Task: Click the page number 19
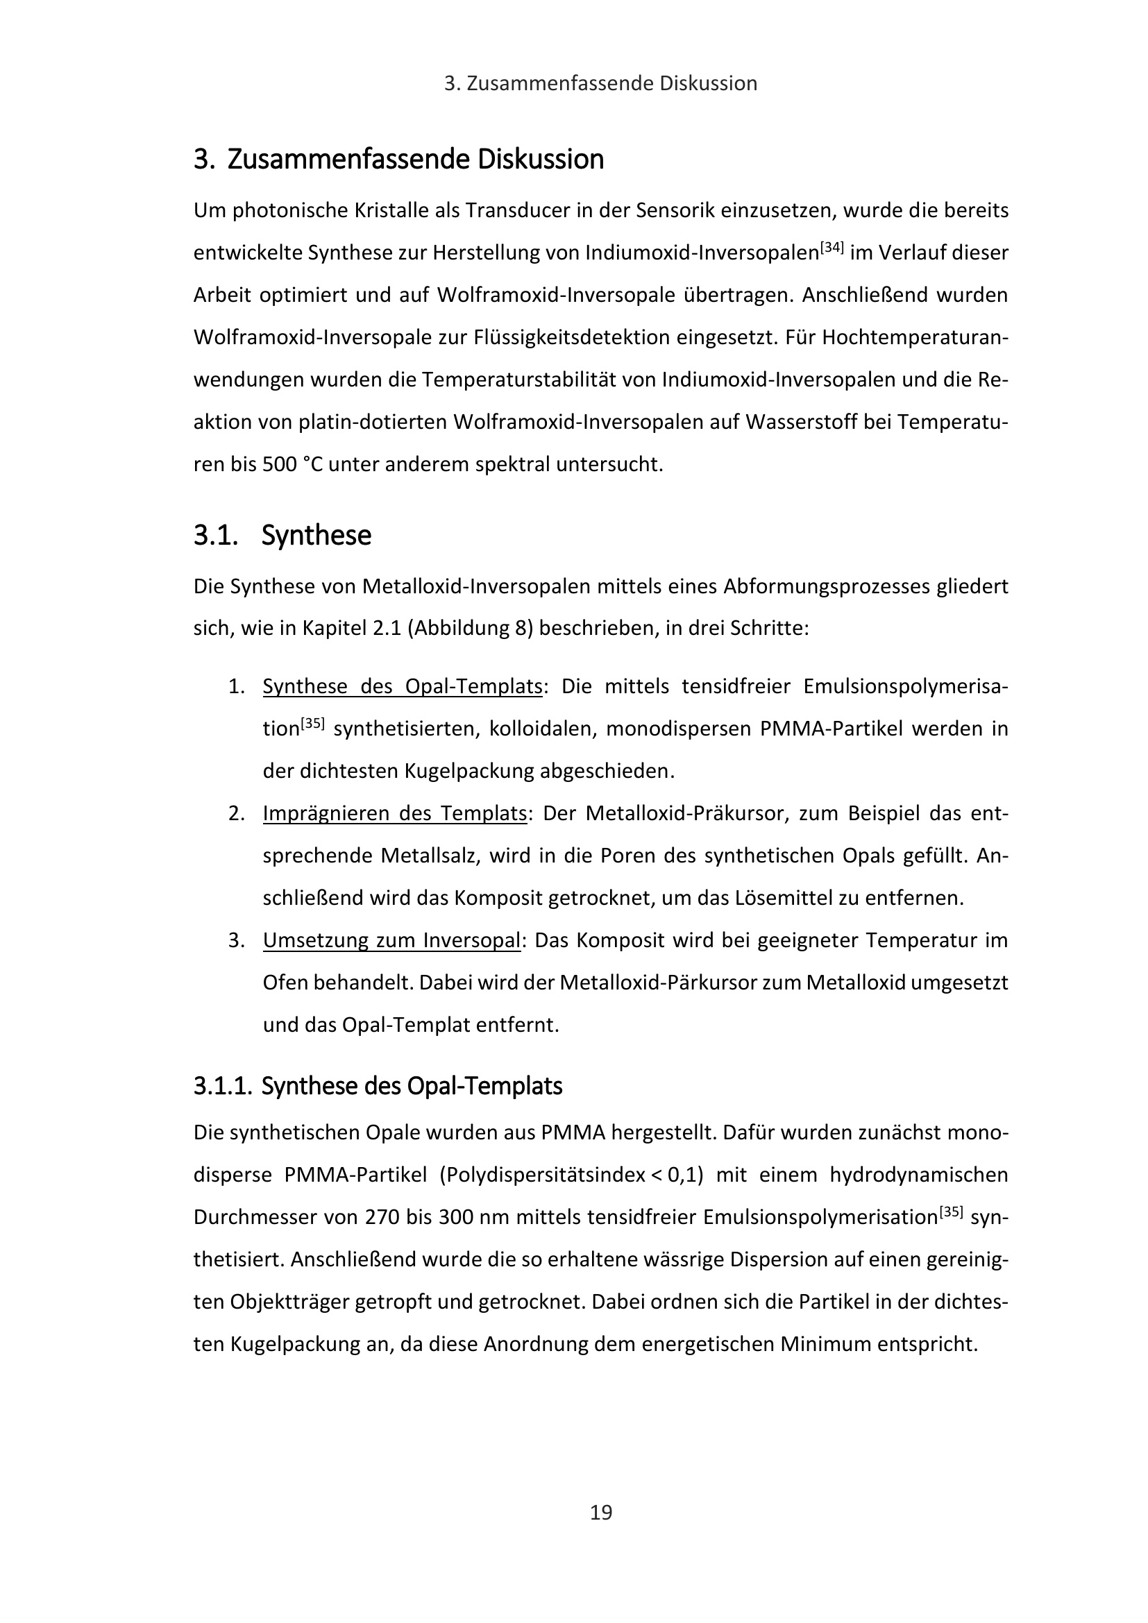(x=601, y=1513)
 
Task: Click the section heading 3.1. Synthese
(x=282, y=536)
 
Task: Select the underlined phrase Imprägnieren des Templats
(x=394, y=814)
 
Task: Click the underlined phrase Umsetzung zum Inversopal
(x=391, y=941)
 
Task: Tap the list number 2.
(x=236, y=814)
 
